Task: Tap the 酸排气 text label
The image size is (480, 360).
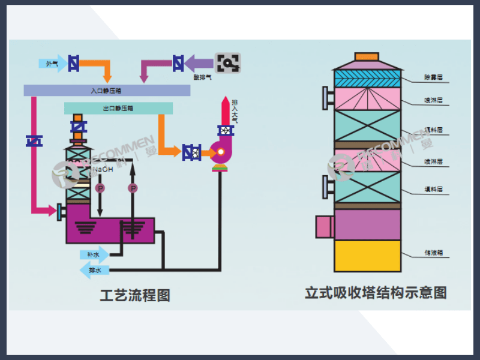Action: point(202,77)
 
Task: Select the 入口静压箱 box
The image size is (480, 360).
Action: point(106,90)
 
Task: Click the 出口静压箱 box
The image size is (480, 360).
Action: point(118,109)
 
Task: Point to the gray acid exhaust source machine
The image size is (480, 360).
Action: point(228,62)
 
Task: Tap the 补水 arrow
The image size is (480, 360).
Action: point(94,254)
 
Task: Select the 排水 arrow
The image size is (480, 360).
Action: point(94,271)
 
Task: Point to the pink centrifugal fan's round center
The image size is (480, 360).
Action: point(220,152)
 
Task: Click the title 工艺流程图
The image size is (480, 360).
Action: point(135,295)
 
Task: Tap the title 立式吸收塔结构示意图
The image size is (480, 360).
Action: point(376,293)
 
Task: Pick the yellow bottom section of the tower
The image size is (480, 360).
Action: point(367,256)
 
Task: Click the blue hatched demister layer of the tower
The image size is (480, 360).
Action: point(367,78)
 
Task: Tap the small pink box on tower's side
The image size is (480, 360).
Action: point(324,226)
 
